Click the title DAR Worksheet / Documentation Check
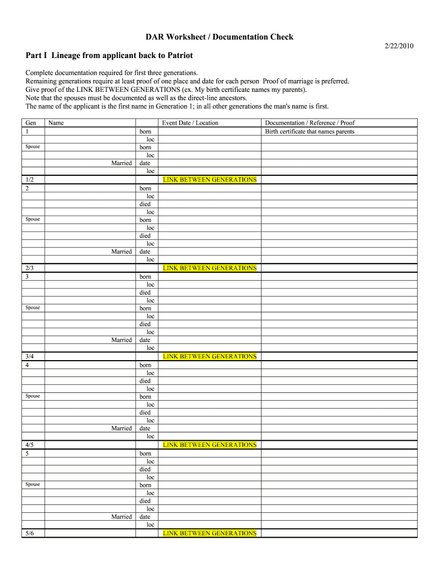tap(219, 37)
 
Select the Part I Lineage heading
tap(109, 55)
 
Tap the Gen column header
tap(31, 123)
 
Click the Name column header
tap(56, 123)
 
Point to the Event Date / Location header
tap(190, 123)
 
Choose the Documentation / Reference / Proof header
tap(310, 123)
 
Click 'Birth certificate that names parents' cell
tap(310, 131)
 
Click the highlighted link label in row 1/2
tap(210, 180)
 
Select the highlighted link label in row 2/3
tap(210, 268)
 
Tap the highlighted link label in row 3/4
tap(210, 356)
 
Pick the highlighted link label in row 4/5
tap(210, 445)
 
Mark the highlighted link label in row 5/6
tap(210, 533)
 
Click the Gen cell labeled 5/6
tap(30, 533)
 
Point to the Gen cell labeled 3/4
tap(30, 357)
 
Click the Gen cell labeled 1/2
tap(30, 180)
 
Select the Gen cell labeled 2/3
tap(30, 268)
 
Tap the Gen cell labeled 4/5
tap(30, 445)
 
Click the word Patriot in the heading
tap(178, 55)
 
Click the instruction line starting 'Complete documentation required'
tap(112, 73)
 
